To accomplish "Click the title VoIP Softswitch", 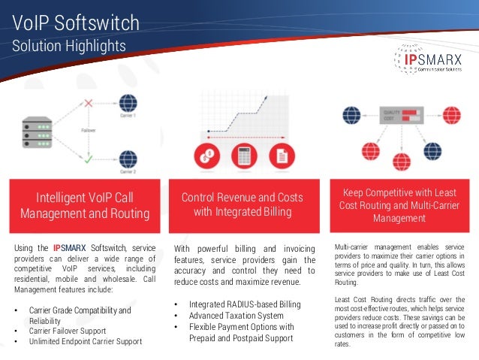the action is click(76, 23).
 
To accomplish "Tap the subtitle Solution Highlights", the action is click(68, 47).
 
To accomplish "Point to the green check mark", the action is click(88, 159).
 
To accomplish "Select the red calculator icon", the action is click(243, 156).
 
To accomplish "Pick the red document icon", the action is click(282, 156).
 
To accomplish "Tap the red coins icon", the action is click(204, 156).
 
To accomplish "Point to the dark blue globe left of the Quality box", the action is click(352, 116).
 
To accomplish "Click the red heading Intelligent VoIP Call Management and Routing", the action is click(84, 205).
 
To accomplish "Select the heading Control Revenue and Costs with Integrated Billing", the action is click(243, 204).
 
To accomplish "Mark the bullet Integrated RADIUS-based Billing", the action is click(244, 304).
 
